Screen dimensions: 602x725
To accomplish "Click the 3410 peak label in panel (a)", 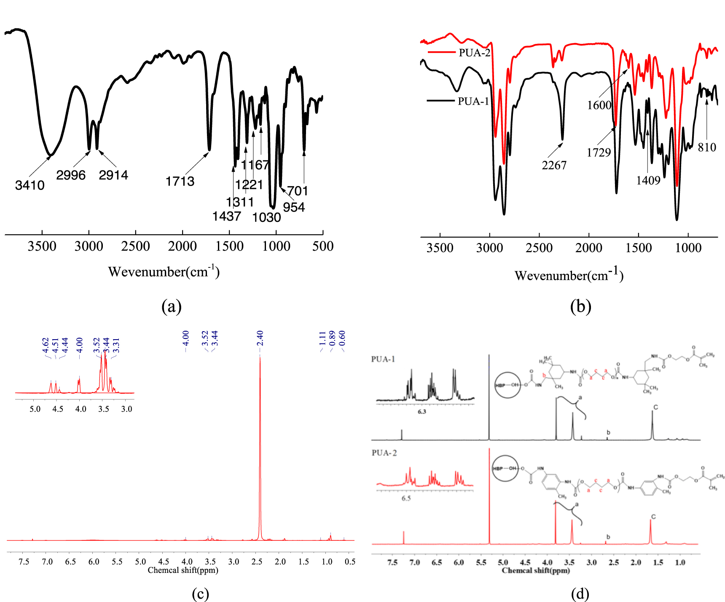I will pos(30,185).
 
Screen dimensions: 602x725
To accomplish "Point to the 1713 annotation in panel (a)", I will pos(180,181).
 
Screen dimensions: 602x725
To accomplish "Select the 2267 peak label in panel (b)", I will pos(554,165).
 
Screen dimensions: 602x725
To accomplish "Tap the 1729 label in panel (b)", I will pos(599,152).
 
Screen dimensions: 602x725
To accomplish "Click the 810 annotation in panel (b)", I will pos(707,147).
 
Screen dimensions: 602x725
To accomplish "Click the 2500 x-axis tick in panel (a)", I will pos(135,246).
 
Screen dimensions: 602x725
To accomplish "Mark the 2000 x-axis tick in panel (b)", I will pos(589,248).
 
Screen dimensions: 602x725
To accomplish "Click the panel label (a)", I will pos(172,306).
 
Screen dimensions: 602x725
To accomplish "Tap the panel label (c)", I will pos(200,594).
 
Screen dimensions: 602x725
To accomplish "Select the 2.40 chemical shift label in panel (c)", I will pos(260,338).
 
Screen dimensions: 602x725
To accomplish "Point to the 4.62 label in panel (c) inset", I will pos(46,345).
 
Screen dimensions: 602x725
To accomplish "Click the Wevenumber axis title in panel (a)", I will pos(164,271).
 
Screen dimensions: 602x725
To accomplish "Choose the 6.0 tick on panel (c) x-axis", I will pos(94,562).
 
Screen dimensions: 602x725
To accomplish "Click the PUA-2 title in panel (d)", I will pos(384,453).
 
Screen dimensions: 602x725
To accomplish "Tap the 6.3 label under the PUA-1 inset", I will pos(422,411).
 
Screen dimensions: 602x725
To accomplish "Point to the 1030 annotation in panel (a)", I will pos(266,218).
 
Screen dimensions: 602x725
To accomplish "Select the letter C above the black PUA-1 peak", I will pos(655,407).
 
